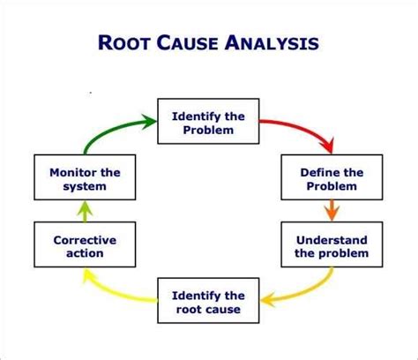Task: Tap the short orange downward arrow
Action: [332, 211]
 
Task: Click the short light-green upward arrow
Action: [85, 212]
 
